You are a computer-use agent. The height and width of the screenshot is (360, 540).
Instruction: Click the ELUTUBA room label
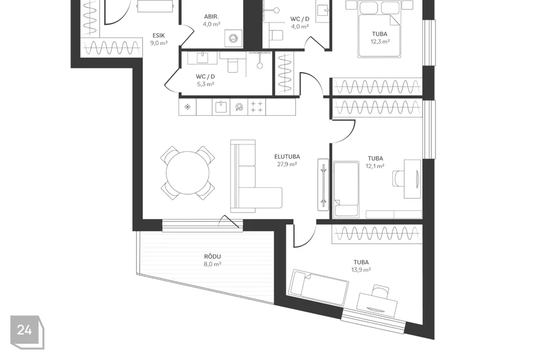coord(287,157)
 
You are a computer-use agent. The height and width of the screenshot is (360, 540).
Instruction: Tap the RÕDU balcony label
coord(213,256)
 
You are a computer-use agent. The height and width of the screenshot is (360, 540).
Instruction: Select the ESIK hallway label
coord(159,35)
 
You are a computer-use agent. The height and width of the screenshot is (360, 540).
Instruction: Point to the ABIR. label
coord(211,16)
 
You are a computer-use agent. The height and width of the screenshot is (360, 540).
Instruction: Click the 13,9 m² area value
coord(361,270)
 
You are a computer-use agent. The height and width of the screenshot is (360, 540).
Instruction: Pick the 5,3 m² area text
coord(206,84)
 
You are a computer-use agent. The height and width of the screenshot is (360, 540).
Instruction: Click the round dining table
coord(188,173)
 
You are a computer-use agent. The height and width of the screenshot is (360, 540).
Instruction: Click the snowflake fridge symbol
coord(188,107)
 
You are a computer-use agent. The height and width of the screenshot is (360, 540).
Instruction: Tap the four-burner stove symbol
coord(256,107)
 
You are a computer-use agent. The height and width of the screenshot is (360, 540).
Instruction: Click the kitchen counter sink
coord(220,107)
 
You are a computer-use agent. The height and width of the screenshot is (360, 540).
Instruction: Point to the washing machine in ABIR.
coord(233,38)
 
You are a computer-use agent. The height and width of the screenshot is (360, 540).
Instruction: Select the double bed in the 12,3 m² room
coord(379,29)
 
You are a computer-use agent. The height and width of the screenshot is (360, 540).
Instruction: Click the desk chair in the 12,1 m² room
coord(398,179)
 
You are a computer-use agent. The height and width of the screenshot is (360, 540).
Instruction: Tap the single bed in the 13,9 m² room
coord(318,287)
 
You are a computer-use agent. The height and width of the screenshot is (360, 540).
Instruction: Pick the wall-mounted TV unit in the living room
coord(323,184)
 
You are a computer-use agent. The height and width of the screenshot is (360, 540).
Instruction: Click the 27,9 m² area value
coord(287,164)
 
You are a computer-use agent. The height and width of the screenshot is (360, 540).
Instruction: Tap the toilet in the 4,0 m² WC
coord(276,35)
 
